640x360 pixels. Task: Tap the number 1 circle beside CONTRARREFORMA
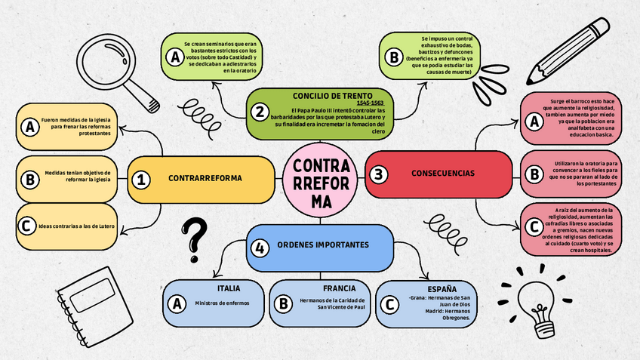pos(140,179)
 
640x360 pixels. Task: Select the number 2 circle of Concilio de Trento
pos(260,112)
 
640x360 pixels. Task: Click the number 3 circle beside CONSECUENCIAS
pos(378,174)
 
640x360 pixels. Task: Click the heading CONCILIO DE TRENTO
pos(333,96)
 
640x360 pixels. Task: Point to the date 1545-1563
pos(370,103)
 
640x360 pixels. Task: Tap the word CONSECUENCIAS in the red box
pos(443,174)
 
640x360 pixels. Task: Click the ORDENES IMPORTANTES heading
pos(323,245)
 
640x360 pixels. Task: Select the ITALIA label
pos(229,289)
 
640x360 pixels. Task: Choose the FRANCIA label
pos(339,288)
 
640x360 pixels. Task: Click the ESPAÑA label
pos(442,289)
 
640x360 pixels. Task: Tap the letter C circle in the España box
pos(389,304)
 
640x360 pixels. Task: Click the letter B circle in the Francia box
pos(283,303)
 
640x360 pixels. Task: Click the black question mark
pos(195,235)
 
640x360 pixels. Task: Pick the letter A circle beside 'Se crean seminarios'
pos(174,56)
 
